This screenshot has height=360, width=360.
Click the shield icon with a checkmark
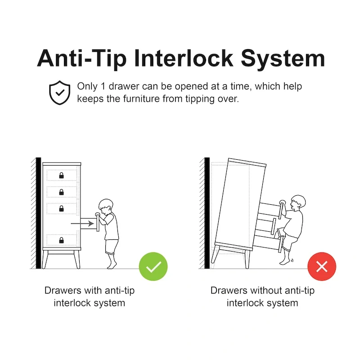59,93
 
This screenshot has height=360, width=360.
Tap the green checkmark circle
153,266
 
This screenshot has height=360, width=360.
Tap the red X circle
322,266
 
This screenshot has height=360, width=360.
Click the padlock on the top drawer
61,175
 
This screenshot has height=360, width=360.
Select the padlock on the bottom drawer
61,240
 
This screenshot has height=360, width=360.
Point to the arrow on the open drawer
82,223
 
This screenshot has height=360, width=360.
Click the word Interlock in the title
184,58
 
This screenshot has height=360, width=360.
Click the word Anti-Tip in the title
82,59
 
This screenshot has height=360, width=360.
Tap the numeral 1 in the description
103,86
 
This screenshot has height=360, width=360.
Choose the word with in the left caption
93,290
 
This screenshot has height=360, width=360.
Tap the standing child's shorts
112,247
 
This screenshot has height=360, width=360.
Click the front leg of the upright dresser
77,259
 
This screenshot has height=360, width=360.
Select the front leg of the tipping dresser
247,259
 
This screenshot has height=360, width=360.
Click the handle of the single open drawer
98,222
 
